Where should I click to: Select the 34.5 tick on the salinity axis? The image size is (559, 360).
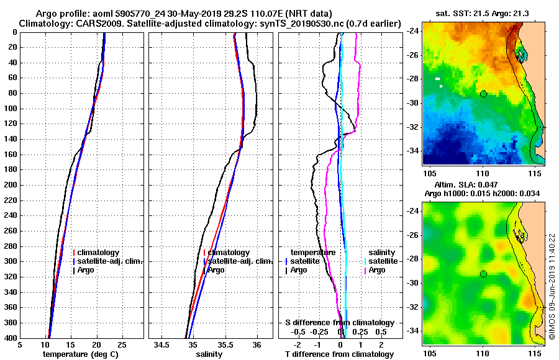tap(162, 344)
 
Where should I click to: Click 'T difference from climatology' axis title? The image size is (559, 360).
tap(339, 354)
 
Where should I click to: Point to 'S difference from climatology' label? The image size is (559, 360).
tap(339, 323)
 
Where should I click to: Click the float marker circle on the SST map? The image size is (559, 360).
tap(483, 94)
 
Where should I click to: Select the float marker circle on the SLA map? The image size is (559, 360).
tap(483, 274)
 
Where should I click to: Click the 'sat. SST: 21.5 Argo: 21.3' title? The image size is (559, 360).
tap(483, 13)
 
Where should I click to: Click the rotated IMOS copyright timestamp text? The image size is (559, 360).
tap(552, 287)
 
